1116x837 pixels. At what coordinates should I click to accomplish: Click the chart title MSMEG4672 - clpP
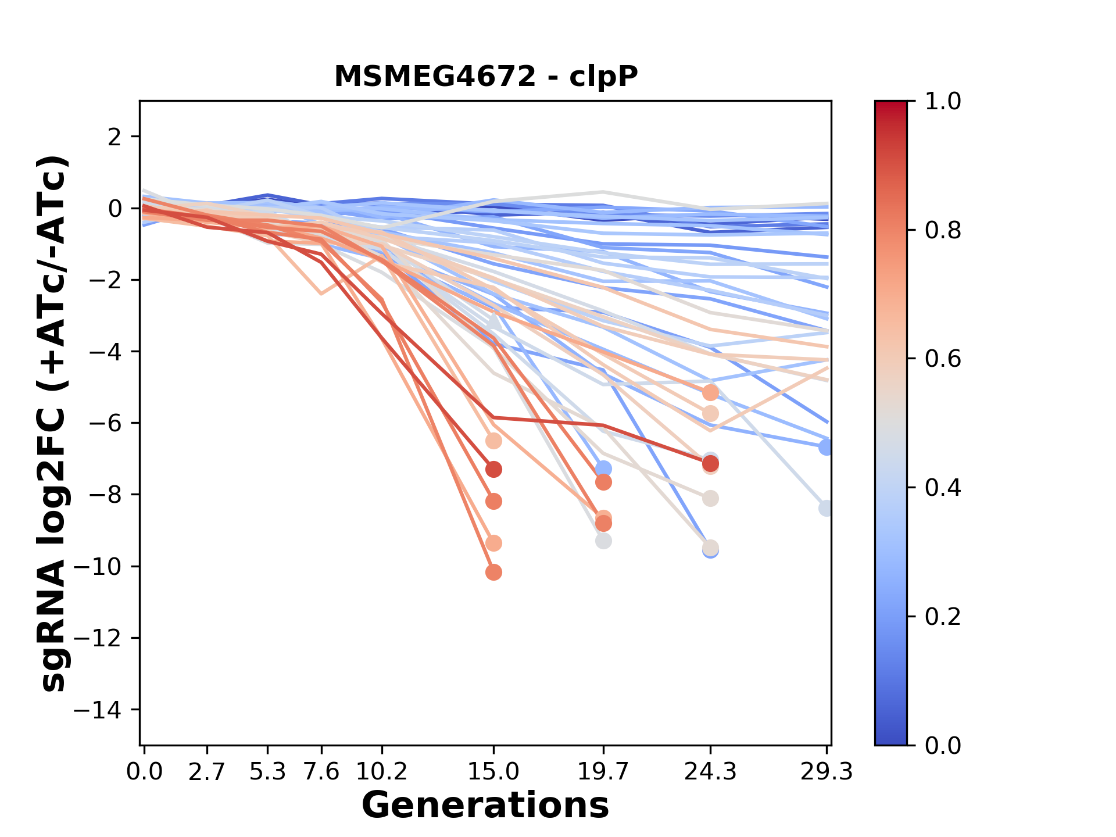click(x=486, y=76)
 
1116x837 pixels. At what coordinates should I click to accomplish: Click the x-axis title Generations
click(x=485, y=806)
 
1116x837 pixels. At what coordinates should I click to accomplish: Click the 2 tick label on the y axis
click(x=115, y=137)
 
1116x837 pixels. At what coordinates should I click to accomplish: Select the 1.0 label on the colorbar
click(x=943, y=101)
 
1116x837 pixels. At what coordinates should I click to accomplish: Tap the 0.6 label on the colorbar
click(x=943, y=359)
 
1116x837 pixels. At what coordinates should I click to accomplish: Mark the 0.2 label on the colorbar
click(x=943, y=616)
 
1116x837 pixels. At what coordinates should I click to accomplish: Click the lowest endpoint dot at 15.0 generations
click(x=493, y=573)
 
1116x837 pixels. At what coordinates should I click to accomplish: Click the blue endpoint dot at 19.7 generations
click(x=603, y=468)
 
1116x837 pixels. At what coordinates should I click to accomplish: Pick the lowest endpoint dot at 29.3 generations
click(x=826, y=508)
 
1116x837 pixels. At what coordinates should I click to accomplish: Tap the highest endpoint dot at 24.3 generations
click(x=710, y=393)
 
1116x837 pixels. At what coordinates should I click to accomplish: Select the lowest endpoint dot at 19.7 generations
click(x=603, y=541)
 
